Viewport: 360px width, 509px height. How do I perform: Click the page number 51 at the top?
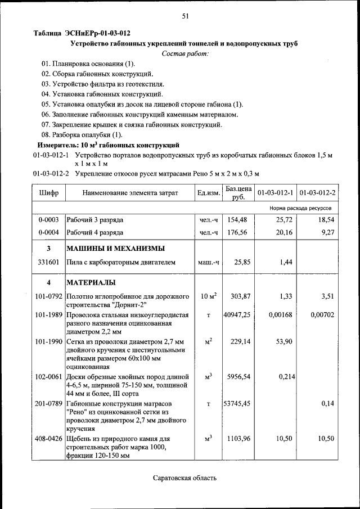(184, 16)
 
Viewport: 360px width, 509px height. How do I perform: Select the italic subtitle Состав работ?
(184, 53)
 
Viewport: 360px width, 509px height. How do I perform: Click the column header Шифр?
(48, 193)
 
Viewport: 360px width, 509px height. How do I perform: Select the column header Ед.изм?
(208, 193)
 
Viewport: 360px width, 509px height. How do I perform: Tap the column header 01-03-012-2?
(317, 193)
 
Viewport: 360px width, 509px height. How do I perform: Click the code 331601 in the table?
(48, 262)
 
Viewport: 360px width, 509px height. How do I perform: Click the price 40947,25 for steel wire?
(237, 315)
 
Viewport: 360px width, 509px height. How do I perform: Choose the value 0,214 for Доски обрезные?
(286, 376)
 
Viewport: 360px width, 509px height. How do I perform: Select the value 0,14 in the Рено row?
(327, 403)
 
